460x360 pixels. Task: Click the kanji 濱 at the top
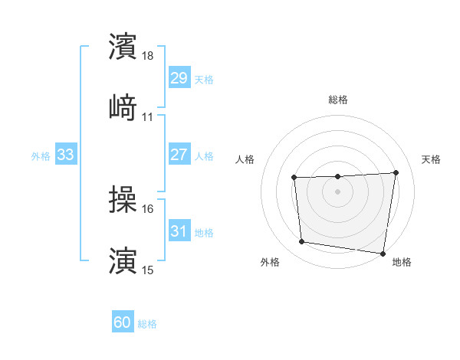click(x=123, y=46)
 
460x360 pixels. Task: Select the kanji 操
click(x=123, y=200)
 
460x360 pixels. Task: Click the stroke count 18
click(x=148, y=56)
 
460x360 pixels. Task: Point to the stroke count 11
click(x=148, y=116)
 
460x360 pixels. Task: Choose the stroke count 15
click(x=148, y=270)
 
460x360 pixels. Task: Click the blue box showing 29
click(x=179, y=77)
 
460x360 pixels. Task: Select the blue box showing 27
click(x=179, y=154)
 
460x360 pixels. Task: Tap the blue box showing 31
click(x=179, y=231)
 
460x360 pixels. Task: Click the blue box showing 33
click(x=66, y=155)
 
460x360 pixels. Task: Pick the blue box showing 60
click(x=123, y=322)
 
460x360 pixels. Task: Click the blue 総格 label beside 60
click(x=147, y=324)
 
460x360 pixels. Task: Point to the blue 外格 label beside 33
click(x=41, y=156)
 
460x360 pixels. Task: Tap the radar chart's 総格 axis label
click(x=338, y=100)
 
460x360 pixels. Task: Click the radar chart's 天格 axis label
click(x=431, y=159)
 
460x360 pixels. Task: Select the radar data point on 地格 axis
click(x=383, y=254)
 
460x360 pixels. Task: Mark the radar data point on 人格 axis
click(x=294, y=178)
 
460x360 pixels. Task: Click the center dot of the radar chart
click(x=337, y=191)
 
